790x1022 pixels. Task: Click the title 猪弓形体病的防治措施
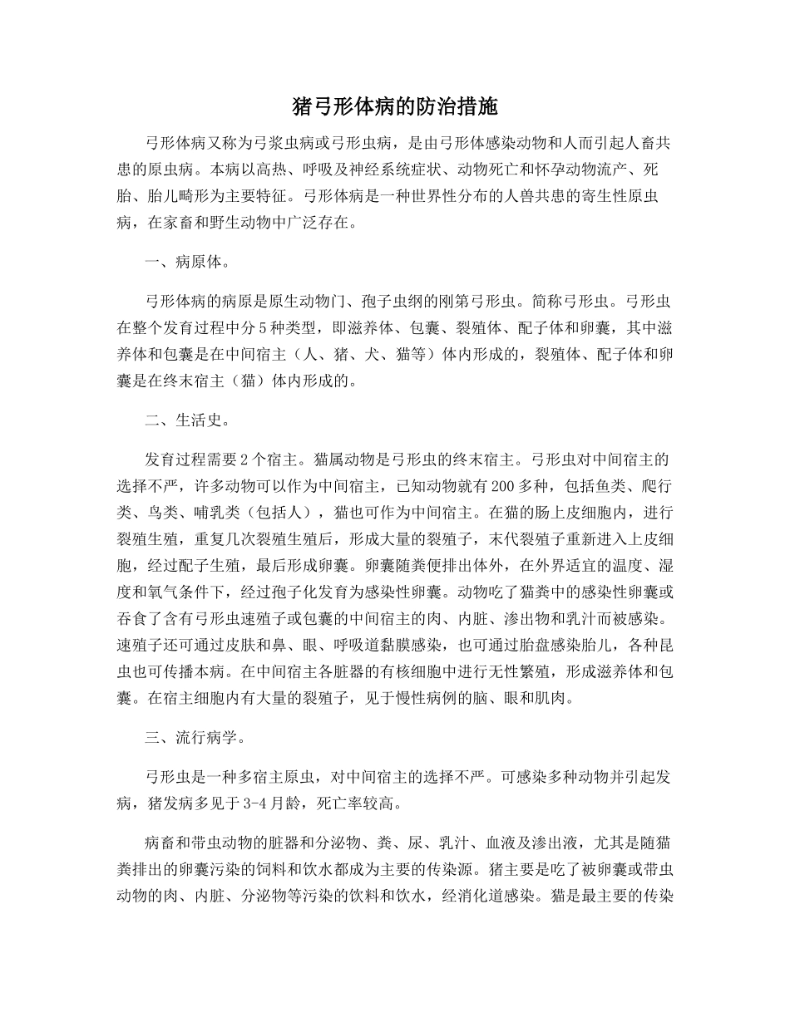pyautogui.click(x=395, y=106)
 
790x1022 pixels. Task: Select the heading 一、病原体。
pyautogui.click(x=184, y=263)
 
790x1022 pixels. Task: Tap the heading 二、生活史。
pyautogui.click(x=184, y=420)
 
